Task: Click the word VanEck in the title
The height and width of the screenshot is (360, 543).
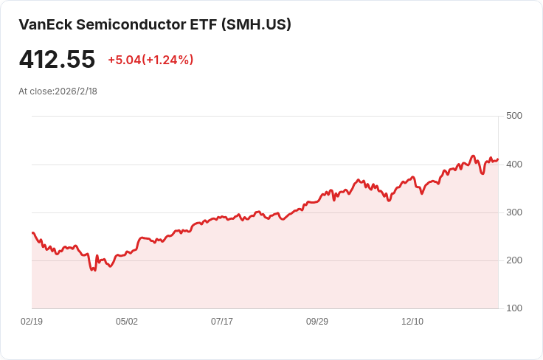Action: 45,24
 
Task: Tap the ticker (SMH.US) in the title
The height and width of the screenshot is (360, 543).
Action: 256,24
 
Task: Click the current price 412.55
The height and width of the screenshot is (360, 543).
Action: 57,59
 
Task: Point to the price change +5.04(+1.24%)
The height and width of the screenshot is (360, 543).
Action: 151,60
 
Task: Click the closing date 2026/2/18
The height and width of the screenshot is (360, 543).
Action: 76,91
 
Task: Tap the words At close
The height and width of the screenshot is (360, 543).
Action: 35,91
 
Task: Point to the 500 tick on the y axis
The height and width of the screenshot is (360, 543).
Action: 514,116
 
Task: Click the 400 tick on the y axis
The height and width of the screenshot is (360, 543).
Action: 514,164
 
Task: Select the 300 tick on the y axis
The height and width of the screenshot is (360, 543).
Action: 514,212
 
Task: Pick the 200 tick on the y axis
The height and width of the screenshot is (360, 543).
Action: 514,260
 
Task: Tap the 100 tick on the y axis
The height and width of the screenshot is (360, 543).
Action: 514,308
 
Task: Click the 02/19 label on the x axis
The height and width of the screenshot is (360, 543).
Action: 32,321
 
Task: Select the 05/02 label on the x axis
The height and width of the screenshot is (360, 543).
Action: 127,321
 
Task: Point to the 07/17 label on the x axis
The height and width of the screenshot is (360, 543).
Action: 222,321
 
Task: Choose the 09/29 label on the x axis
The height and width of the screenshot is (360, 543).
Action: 317,321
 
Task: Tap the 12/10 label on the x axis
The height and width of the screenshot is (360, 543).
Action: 412,321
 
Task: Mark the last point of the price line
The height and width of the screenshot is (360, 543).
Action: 498,159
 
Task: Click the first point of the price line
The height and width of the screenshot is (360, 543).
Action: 32,232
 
